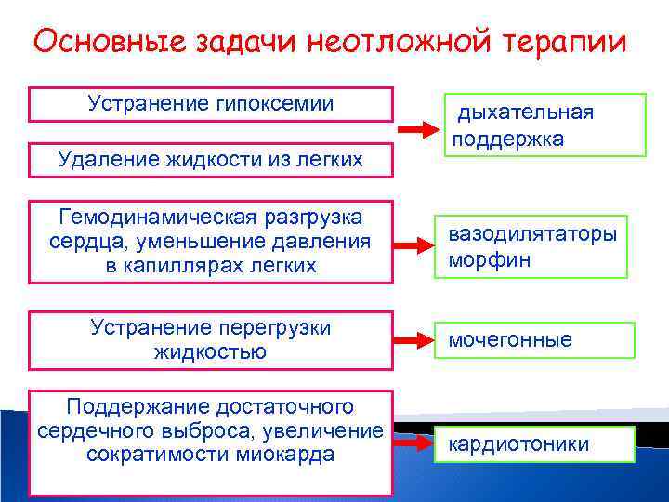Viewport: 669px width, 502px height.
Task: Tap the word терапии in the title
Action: click(564, 43)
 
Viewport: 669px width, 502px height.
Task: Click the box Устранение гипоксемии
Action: click(211, 104)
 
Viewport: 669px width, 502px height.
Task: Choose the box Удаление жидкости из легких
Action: click(211, 161)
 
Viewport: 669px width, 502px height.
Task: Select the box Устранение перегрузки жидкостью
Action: click(211, 339)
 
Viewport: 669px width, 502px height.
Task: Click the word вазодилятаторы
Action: click(532, 234)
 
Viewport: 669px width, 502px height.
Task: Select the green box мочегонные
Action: click(536, 340)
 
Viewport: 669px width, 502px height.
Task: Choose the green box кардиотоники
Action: click(536, 444)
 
